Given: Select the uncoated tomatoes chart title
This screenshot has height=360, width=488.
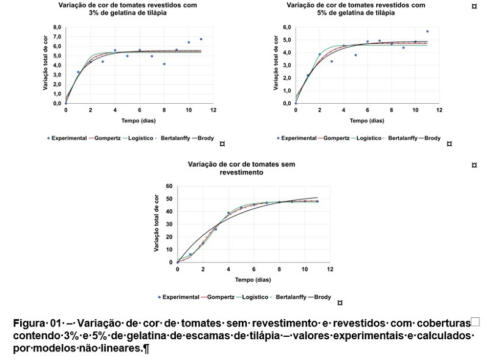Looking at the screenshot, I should (255, 168).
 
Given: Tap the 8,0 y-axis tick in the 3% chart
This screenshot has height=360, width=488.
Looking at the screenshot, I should (57, 27).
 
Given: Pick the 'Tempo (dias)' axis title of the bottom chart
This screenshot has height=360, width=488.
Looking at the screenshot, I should (253, 280).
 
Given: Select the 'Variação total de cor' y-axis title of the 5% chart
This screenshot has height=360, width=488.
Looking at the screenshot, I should (277, 64).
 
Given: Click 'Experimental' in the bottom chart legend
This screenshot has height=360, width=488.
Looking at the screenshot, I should (181, 297).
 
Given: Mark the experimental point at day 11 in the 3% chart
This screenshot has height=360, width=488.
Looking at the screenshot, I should (201, 39).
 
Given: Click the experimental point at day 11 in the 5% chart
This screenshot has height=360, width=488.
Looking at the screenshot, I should (428, 32).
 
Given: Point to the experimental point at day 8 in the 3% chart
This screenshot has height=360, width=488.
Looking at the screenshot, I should (164, 64).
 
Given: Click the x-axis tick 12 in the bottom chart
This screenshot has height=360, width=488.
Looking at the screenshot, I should (330, 269).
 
